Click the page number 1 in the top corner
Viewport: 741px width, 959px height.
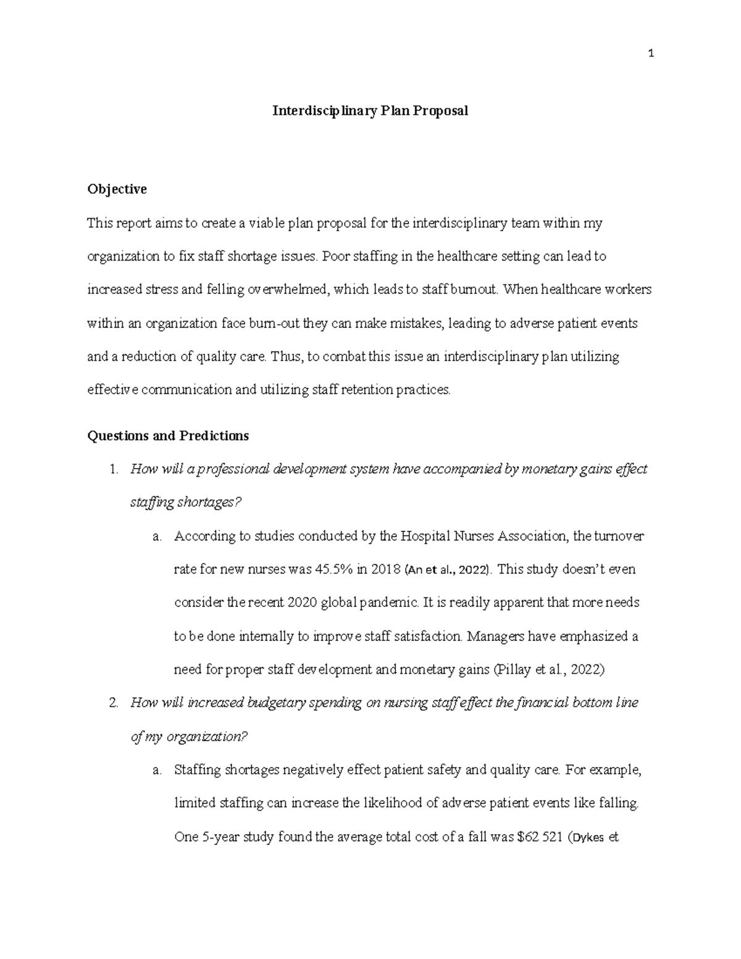click(650, 54)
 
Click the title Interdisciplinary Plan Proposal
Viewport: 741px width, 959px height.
click(371, 111)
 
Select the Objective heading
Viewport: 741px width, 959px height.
click(117, 189)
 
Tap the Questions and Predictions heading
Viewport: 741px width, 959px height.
click(168, 436)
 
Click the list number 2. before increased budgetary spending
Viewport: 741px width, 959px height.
click(113, 703)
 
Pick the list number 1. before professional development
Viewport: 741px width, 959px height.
click(113, 469)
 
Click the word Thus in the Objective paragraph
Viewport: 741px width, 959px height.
click(283, 356)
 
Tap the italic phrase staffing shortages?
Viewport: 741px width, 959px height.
click(185, 503)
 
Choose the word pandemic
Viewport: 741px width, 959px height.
click(388, 603)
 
